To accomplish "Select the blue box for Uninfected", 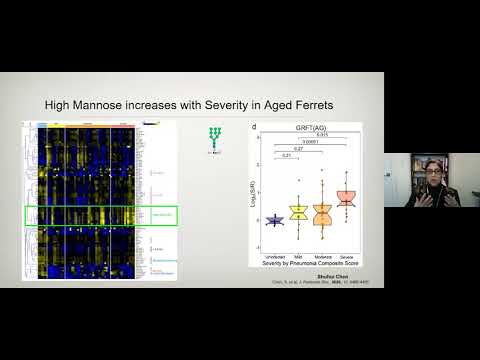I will click(273, 219).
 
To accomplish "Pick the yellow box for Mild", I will click(297, 211).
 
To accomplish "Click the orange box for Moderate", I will click(322, 213).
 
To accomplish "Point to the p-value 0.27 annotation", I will click(297, 148).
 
